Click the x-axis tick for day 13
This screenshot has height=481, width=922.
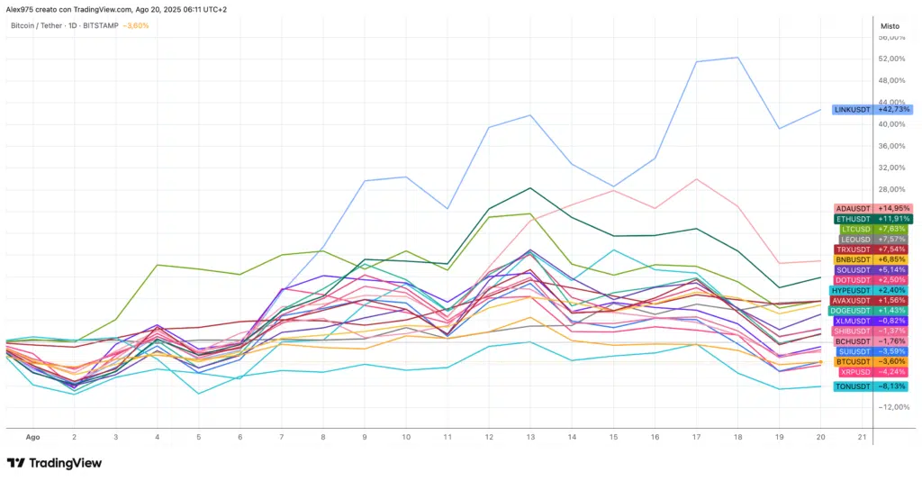pos(530,436)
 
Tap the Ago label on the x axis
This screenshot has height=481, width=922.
pos(33,436)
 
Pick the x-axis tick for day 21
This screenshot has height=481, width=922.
pos(862,436)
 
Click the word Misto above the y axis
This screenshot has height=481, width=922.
pos(890,26)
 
